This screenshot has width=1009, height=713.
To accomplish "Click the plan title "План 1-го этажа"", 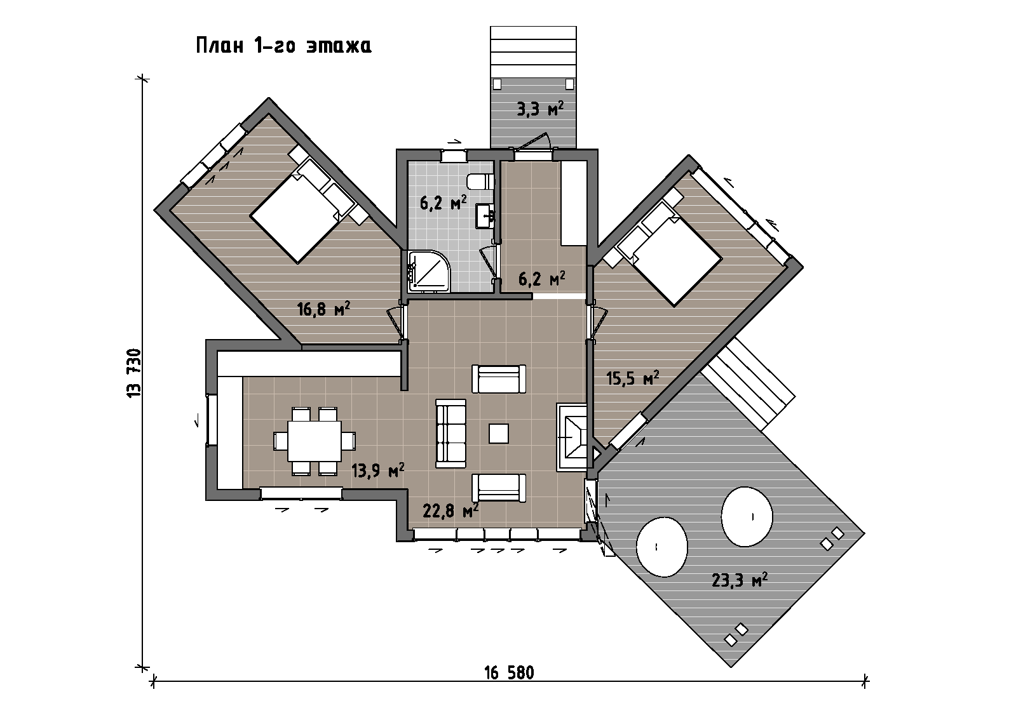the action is pos(284,46).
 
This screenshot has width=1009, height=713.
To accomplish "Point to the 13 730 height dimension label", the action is pos(134,372).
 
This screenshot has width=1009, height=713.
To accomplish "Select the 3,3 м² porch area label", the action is pos(539,109).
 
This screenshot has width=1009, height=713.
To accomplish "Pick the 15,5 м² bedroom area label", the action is pos(632,378).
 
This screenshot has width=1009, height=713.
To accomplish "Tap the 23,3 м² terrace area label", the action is pos(739,580).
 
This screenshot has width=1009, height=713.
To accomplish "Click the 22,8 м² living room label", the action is pos(450,510).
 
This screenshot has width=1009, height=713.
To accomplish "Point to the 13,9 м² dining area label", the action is pos(377,471).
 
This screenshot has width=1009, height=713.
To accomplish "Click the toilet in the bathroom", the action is pos(480,182).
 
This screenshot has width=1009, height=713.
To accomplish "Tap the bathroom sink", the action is pos(485,216).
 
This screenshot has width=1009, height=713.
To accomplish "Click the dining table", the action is pos(315,441).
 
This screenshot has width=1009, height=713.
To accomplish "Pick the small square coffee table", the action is pos(499,433).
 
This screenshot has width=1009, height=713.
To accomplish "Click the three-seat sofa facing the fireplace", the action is pos(450,433).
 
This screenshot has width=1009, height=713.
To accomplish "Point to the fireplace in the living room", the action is pos(572,437).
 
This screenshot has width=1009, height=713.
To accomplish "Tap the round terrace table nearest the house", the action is pos(661,547).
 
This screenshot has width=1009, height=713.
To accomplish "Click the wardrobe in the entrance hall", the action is pos(574,203).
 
